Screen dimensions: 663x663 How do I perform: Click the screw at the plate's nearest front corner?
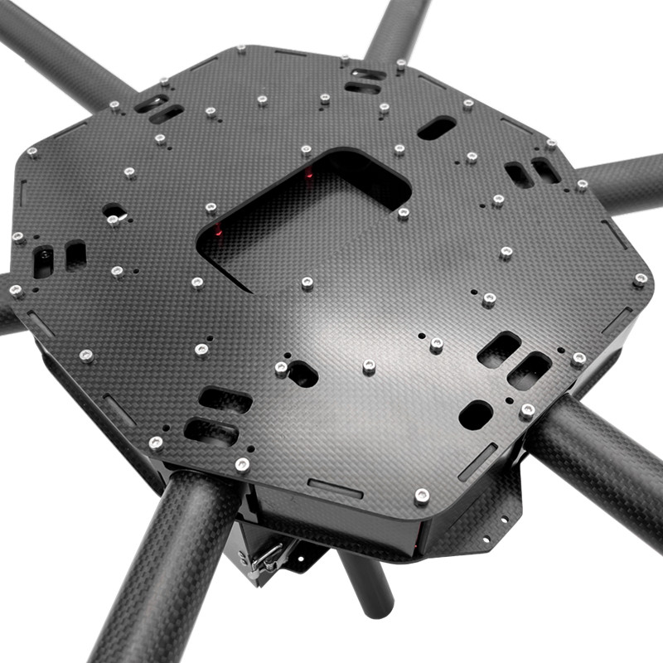(422, 496)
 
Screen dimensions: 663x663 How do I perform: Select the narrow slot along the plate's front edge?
(335, 488)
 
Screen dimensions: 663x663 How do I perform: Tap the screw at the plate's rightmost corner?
(640, 279)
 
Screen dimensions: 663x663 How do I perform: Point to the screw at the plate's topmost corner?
(241, 50)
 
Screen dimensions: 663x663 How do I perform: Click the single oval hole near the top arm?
(436, 128)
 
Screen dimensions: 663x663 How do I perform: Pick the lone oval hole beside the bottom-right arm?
(476, 414)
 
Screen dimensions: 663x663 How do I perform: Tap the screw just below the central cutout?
(307, 283)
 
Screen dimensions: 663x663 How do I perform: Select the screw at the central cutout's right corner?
(404, 214)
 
